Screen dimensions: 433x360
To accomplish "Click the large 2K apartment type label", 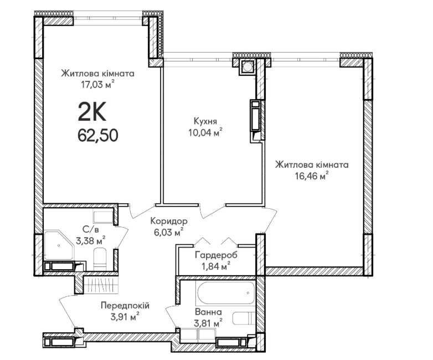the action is [92, 112].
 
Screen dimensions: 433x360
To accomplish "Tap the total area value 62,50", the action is [98, 135].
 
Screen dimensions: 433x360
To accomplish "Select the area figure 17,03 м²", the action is [97, 85].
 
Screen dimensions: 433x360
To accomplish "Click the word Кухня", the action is [205, 121].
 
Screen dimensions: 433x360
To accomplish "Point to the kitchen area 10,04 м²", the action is [205, 132].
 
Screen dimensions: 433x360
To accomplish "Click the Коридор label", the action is [169, 221].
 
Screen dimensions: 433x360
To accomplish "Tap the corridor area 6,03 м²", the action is [169, 233].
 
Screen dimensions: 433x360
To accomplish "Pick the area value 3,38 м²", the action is [91, 240].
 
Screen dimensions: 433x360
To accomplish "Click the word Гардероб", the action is [216, 255].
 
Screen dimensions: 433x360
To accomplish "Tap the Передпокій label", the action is [125, 306].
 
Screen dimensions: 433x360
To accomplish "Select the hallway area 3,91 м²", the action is [125, 317].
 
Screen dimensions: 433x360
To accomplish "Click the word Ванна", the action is [208, 312].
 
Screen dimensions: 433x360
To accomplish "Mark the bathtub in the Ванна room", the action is [224, 292].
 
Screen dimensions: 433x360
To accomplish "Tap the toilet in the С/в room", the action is [100, 259].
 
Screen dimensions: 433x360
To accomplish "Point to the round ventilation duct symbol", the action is [247, 66].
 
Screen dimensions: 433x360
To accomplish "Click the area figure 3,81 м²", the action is [208, 323].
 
